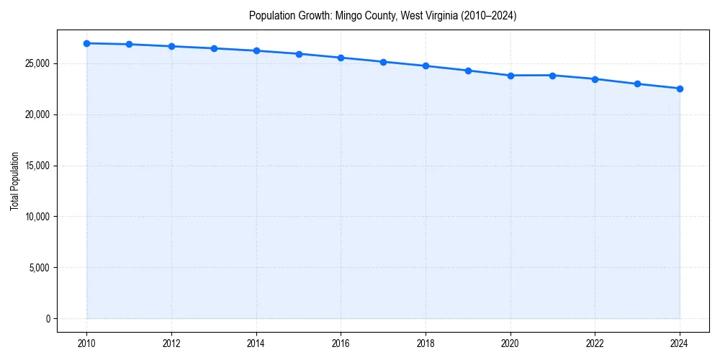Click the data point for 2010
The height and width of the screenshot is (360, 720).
pyautogui.click(x=86, y=43)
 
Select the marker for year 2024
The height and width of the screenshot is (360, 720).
pyautogui.click(x=680, y=89)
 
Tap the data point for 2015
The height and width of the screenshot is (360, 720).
pyautogui.click(x=299, y=54)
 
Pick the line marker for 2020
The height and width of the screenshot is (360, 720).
pyautogui.click(x=510, y=76)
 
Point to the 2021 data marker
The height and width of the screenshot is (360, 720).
pyautogui.click(x=552, y=76)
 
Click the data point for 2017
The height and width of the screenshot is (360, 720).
pyautogui.click(x=383, y=62)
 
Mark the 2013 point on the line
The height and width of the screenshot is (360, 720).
pyautogui.click(x=214, y=48)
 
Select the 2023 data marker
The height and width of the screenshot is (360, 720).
pyautogui.click(x=637, y=84)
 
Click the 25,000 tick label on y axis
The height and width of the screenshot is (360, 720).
pyautogui.click(x=36, y=63)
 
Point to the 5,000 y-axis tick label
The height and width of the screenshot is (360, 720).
pyautogui.click(x=38, y=268)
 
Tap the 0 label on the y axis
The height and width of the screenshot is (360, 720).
pyautogui.click(x=47, y=319)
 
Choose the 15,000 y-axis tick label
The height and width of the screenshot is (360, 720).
pyautogui.click(x=36, y=166)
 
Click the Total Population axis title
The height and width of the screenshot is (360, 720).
pyautogui.click(x=14, y=181)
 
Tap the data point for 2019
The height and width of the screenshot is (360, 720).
pyautogui.click(x=468, y=71)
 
